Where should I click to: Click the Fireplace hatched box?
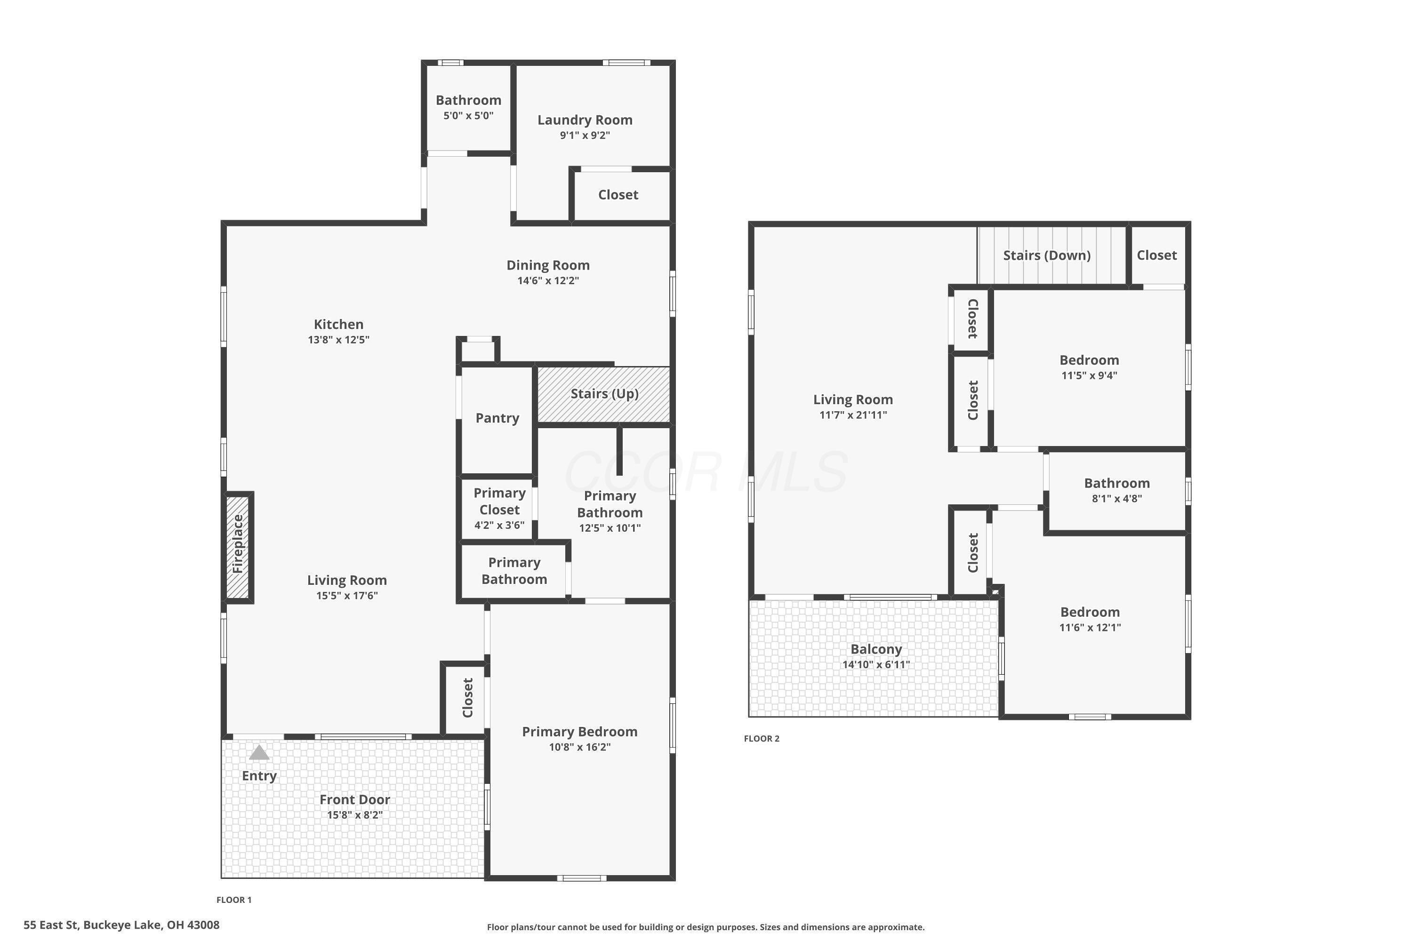238,547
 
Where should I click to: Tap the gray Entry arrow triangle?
259,752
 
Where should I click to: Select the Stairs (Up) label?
604,394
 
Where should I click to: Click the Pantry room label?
497,418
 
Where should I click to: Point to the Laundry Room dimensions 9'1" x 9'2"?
585,136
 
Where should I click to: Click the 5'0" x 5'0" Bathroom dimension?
468,116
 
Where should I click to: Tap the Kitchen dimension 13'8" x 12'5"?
338,340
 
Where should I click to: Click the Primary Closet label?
499,501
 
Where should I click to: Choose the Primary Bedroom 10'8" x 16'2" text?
579,747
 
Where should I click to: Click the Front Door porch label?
354,799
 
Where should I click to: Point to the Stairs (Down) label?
1046,255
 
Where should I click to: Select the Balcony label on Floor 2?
876,649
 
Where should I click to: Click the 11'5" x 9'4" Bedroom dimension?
1089,375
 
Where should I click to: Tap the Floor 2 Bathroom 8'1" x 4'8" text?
1116,499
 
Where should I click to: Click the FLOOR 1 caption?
234,900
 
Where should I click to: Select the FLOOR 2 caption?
761,739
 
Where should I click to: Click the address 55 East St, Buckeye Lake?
121,925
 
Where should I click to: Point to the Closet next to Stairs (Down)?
1156,255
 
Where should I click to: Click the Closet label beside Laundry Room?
618,195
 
